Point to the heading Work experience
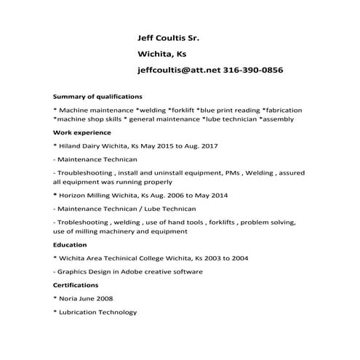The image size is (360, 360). (82, 132)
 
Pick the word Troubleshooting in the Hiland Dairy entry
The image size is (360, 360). (85, 173)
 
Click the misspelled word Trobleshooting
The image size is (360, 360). (84, 222)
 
